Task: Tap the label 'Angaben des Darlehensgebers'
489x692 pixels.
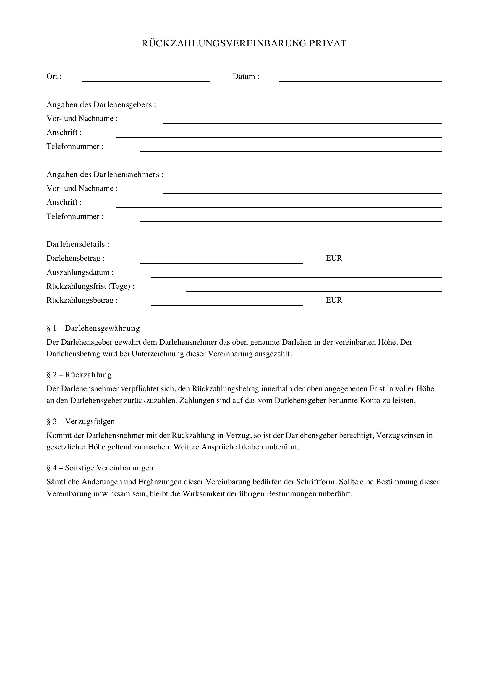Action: click(101, 104)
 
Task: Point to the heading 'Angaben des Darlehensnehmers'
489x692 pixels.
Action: click(105, 175)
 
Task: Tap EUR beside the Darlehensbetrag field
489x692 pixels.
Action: click(333, 258)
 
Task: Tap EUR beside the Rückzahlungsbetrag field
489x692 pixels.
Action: click(333, 300)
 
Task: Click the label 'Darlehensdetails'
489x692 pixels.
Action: click(78, 244)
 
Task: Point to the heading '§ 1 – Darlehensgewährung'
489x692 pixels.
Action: click(93, 328)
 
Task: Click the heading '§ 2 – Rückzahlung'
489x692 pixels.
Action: click(79, 375)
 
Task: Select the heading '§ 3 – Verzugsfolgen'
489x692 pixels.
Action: click(80, 421)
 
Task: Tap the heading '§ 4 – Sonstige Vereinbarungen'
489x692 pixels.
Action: click(100, 468)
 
